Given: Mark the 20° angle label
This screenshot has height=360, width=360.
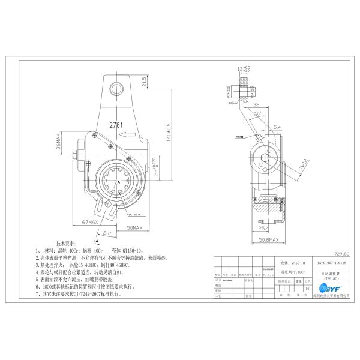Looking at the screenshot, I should (x=107, y=233).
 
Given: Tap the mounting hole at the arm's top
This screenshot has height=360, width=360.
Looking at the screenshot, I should (x=118, y=89).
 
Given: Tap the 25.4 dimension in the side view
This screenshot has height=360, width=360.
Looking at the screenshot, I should (x=263, y=229).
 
